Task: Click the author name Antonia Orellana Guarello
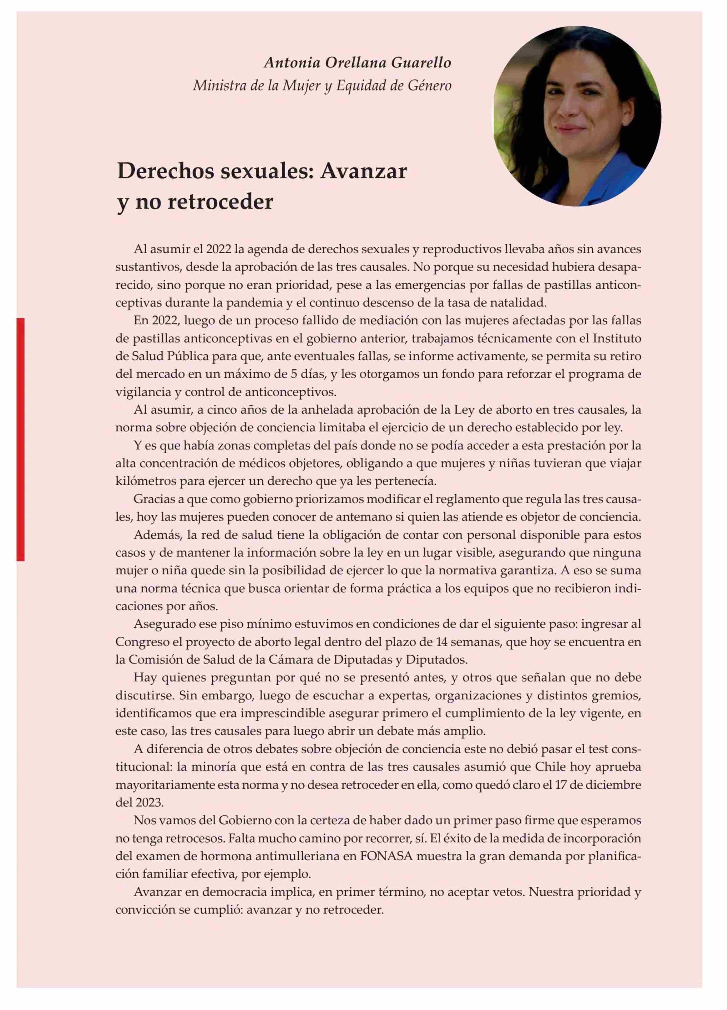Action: tap(357, 63)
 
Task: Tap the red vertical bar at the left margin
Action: tap(20, 440)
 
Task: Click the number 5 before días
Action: tap(294, 374)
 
